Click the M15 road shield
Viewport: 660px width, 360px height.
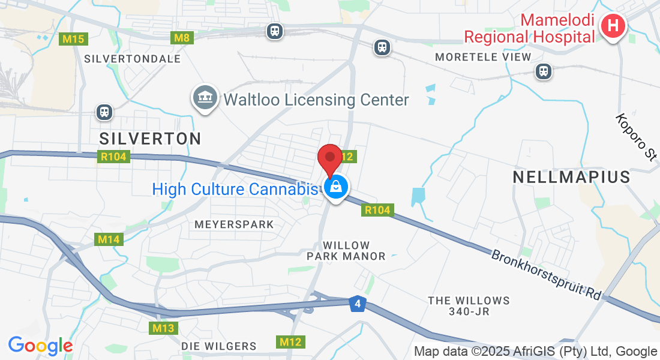pos(74,40)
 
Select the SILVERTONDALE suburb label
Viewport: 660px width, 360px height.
pos(133,59)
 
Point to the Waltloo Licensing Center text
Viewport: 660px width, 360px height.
pos(316,100)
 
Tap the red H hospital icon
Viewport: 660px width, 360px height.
pos(613,27)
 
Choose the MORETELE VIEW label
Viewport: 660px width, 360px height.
pos(484,57)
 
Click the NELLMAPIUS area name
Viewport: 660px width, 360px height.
pos(572,177)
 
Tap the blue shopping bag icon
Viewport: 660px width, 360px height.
pos(337,188)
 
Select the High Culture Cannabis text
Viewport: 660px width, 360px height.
pos(234,189)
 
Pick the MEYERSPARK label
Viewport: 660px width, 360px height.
pos(234,224)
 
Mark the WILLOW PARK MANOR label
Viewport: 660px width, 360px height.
pos(346,251)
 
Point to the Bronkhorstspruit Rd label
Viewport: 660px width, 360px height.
pos(546,275)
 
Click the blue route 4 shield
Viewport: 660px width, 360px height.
pos(358,304)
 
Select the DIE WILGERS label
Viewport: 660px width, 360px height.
pos(219,346)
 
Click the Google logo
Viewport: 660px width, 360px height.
pos(40,346)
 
